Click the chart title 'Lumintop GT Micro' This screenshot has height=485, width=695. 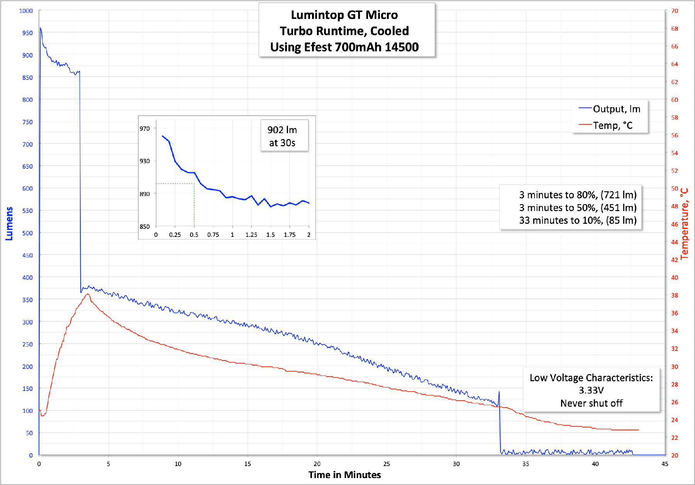pos(344,15)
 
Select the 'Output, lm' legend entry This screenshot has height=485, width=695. pos(616,109)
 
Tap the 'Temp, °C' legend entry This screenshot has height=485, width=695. pos(612,125)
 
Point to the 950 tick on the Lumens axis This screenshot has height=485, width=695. pos(27,33)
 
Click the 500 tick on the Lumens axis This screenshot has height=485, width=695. pos(27,233)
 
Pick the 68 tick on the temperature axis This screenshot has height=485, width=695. pos(675,29)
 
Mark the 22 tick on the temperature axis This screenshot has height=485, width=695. pos(675,438)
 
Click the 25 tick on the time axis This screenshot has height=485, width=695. pos(386,464)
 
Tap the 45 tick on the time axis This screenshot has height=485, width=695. pos(664,464)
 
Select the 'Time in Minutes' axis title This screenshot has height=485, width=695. pos(344,475)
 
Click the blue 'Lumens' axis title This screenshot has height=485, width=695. pos(9,224)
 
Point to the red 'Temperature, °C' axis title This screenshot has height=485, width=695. pos(685,224)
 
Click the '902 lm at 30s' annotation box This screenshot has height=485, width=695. pos(282,136)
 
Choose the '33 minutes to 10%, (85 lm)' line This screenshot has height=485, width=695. pos(578,220)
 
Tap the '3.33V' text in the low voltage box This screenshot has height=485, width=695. pos(591,390)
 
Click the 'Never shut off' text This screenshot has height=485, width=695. pos(591,403)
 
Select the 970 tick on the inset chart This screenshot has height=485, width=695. pos(145,128)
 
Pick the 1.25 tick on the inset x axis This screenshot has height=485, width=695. pos(251,235)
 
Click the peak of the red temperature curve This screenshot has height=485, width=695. pos(88,294)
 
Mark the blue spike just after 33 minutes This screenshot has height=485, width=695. pos(499,392)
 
